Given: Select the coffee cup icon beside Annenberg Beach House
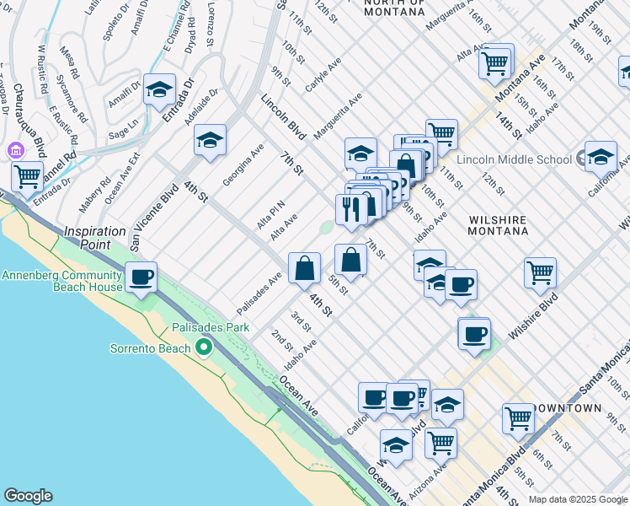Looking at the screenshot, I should pos(141,276).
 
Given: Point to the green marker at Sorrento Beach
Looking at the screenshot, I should pos(203,347).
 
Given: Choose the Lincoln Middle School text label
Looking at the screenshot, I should pos(515,159).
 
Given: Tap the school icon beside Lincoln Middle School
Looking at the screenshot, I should pos(601,156).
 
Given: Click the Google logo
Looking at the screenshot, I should pos(28,496).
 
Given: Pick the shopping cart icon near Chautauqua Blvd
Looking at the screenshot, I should pos(28,177).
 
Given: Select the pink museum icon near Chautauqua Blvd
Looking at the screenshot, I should pos(14,151).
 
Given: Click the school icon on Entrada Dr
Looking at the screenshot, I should pos(159,89).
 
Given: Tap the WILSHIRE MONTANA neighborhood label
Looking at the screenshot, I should pos(497,225).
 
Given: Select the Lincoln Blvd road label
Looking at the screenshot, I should pos(282,116).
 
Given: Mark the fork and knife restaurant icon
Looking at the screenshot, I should pos(350,209).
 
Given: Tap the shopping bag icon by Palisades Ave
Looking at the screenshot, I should pos(304,268).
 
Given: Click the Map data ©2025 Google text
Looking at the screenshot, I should pos(577,499).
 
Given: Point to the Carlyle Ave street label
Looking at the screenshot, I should pos(323,75).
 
